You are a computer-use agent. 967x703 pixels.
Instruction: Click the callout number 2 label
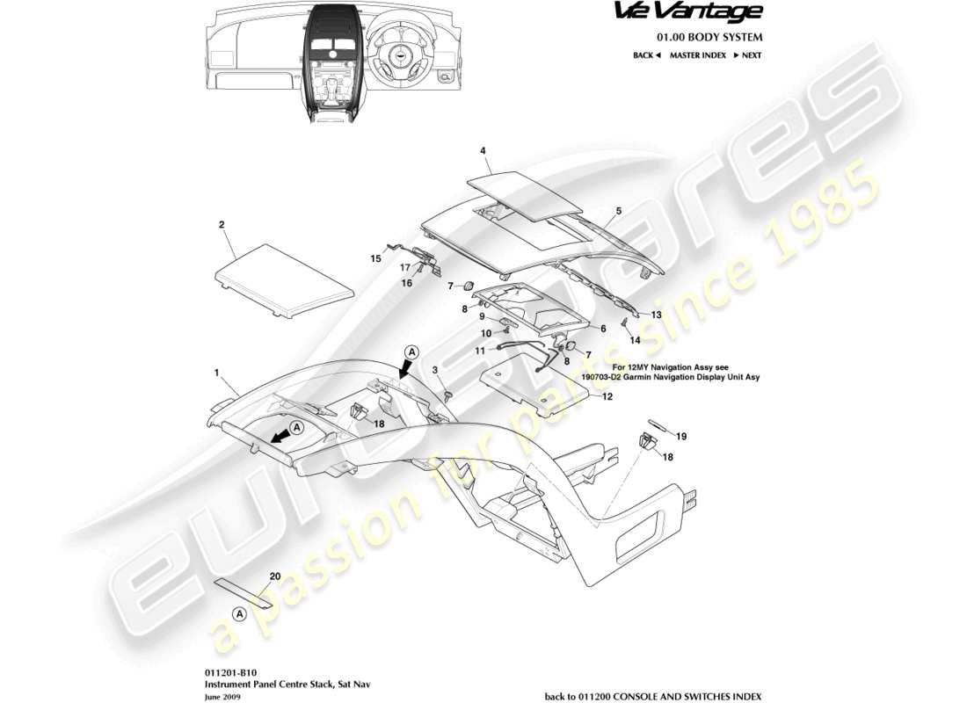coord(222,225)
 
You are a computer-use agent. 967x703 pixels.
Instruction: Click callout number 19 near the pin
coord(681,436)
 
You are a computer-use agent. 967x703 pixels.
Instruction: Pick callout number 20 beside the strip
coord(274,576)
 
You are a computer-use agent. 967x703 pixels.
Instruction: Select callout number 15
coord(375,259)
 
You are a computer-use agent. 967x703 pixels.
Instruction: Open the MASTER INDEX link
coord(697,55)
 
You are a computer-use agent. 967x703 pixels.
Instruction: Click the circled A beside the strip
coord(238,613)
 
